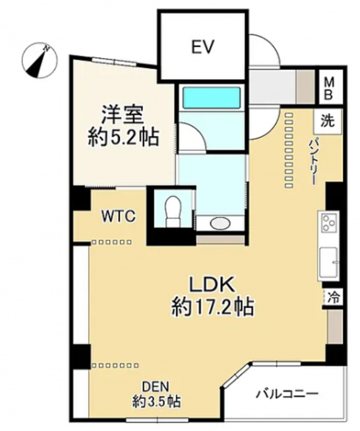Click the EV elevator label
tap(202, 47)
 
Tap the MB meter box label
tap(329, 88)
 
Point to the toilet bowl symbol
tap(173, 211)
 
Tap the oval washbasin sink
tap(220, 223)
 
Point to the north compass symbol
tap(39, 61)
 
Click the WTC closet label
tap(118, 216)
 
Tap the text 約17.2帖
tap(212, 307)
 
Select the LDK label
tap(212, 284)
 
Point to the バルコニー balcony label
tap(287, 394)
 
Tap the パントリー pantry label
tap(315, 161)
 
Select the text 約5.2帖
tap(123, 137)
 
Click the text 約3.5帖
tap(156, 402)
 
